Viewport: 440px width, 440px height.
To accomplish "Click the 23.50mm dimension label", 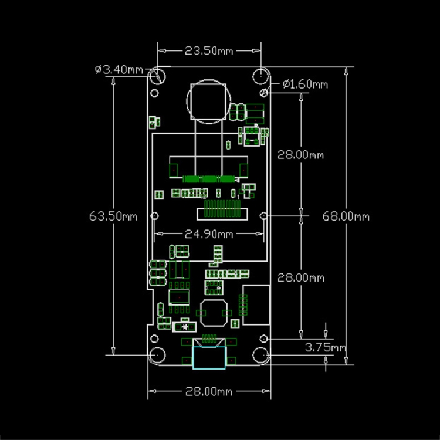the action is click(209, 51).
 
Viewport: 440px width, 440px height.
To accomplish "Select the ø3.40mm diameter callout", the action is click(119, 69).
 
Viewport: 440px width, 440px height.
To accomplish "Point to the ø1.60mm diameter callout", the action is click(305, 84).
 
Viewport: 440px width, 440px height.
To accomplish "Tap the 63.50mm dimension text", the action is click(113, 216).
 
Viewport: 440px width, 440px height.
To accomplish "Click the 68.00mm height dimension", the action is click(346, 216).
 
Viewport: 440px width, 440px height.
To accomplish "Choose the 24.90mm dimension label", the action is click(209, 234).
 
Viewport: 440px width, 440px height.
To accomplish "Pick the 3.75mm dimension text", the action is click(325, 347).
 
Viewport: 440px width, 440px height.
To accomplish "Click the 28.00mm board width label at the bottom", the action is click(209, 391).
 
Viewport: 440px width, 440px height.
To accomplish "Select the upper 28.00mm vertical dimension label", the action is click(300, 155).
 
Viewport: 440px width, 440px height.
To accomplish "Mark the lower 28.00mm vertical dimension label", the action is click(300, 278).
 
